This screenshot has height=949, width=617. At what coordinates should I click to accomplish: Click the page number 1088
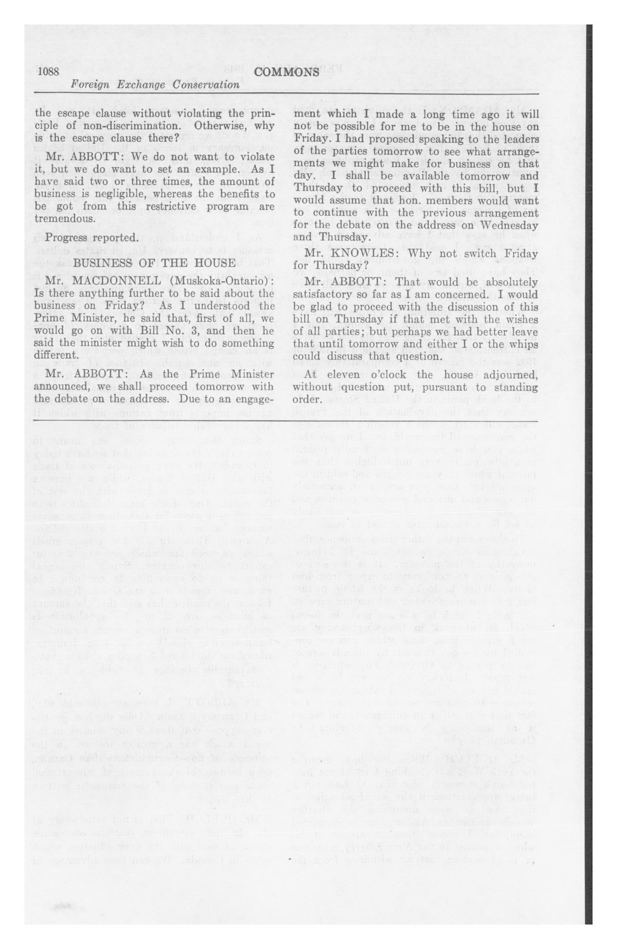pos(49,72)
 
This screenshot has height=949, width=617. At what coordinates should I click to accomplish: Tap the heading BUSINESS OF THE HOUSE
pos(154,263)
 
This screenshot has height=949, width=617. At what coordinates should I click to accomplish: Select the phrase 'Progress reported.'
pos(92,238)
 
